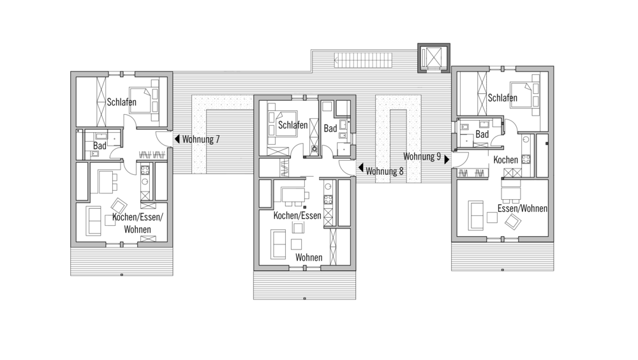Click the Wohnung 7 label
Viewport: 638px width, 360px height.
[x=201, y=139]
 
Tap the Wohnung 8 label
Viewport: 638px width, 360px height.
[x=385, y=171]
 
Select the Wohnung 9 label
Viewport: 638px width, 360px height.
[x=422, y=156]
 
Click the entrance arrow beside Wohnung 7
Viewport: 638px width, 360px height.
[x=177, y=139]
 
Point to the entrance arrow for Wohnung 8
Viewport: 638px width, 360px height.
[x=360, y=167]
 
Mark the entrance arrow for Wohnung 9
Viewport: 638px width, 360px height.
[x=447, y=159]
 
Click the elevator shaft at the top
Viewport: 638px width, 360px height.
[x=434, y=57]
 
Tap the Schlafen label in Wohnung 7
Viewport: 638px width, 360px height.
[x=122, y=102]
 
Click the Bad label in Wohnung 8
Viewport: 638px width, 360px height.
[x=330, y=128]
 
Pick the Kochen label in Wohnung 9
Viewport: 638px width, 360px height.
[x=506, y=160]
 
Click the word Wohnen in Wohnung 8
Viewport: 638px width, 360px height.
[x=309, y=257]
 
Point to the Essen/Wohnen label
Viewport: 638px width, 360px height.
[x=523, y=209]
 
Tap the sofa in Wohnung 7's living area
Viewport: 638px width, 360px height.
[x=94, y=221]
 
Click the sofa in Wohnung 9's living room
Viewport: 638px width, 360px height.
[x=476, y=215]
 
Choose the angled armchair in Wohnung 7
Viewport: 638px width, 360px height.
[x=119, y=206]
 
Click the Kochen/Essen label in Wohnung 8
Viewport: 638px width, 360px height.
[x=297, y=216]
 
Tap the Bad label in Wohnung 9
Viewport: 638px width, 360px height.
[x=482, y=134]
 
